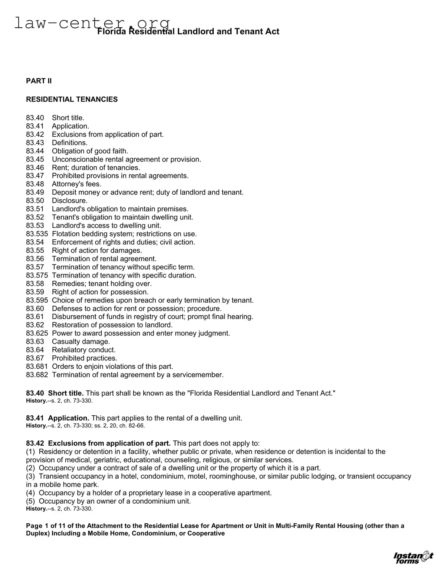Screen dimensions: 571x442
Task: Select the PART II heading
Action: (x=39, y=81)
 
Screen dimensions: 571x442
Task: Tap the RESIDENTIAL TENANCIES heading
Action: (x=72, y=99)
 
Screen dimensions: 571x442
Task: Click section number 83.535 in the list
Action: (x=37, y=234)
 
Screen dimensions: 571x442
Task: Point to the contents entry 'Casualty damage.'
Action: (x=81, y=342)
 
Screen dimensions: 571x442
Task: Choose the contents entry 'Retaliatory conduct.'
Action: (x=84, y=350)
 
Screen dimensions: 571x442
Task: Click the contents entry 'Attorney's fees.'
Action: (x=76, y=184)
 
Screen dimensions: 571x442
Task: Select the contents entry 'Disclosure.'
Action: (x=70, y=200)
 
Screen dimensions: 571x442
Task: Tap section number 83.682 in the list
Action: (x=37, y=375)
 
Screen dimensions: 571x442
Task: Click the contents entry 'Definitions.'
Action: (x=70, y=143)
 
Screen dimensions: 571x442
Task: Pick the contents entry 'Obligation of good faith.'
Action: (x=90, y=151)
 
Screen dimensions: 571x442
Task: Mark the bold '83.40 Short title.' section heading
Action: (x=55, y=393)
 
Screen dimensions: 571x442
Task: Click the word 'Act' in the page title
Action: (x=272, y=31)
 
